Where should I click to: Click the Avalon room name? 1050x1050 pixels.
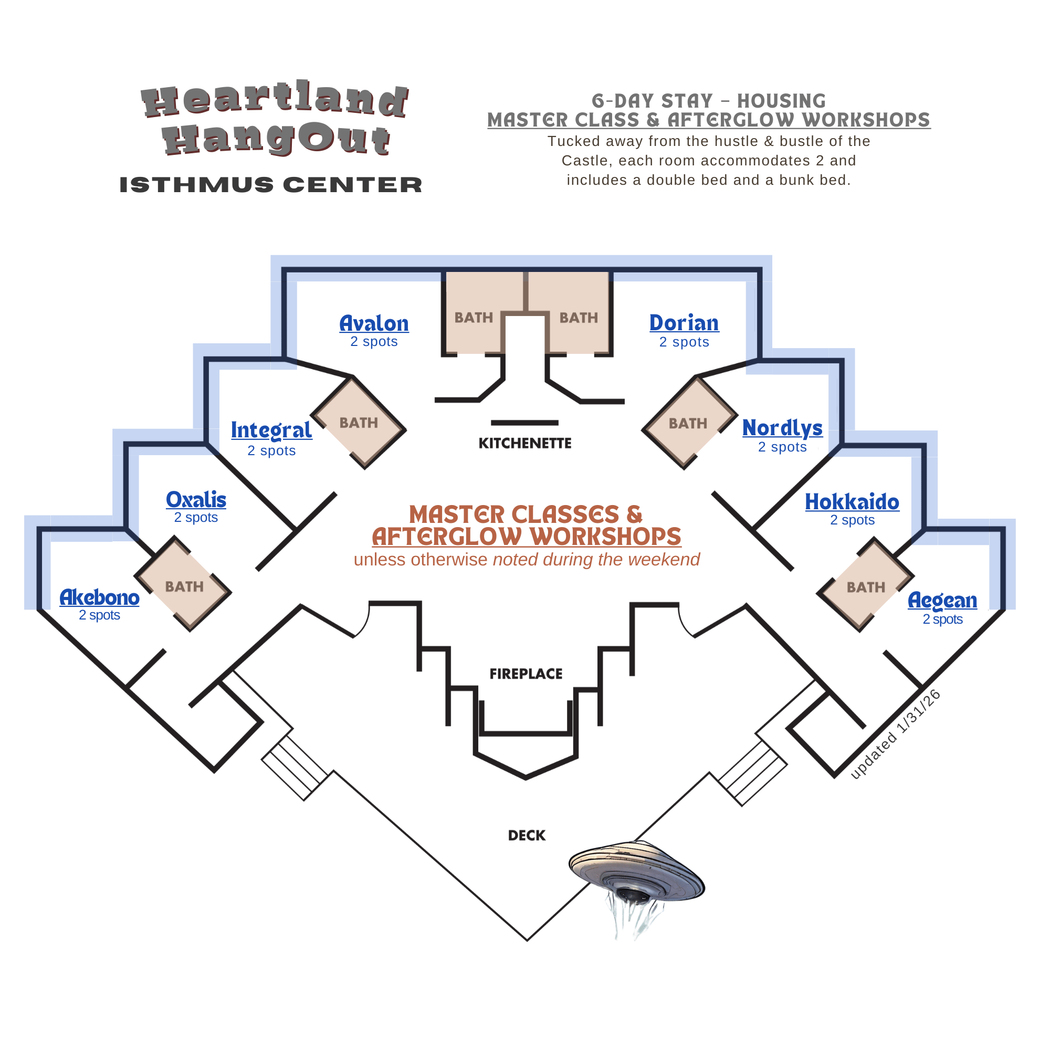[x=374, y=324]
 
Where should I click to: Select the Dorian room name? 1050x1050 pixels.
[x=684, y=323]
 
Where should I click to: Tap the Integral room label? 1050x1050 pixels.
[x=271, y=430]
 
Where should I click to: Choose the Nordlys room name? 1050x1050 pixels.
[x=783, y=428]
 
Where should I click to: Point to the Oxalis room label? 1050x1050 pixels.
[x=196, y=500]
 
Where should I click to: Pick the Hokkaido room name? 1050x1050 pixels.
[x=852, y=502]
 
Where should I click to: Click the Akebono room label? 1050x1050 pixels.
[x=99, y=598]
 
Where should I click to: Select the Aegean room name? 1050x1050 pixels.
[x=942, y=601]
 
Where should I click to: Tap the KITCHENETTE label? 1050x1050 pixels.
[x=525, y=444]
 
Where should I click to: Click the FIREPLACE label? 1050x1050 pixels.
[x=526, y=674]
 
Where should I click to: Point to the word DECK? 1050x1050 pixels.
[x=527, y=836]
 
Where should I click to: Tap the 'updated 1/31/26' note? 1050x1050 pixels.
[x=895, y=735]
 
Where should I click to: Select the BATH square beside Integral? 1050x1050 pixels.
[x=359, y=423]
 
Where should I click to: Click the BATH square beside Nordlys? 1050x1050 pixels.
[x=688, y=423]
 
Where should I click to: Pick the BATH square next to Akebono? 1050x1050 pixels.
[x=184, y=587]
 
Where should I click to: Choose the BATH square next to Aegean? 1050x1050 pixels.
[x=866, y=587]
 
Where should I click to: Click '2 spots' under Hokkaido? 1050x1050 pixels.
[x=852, y=520]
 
